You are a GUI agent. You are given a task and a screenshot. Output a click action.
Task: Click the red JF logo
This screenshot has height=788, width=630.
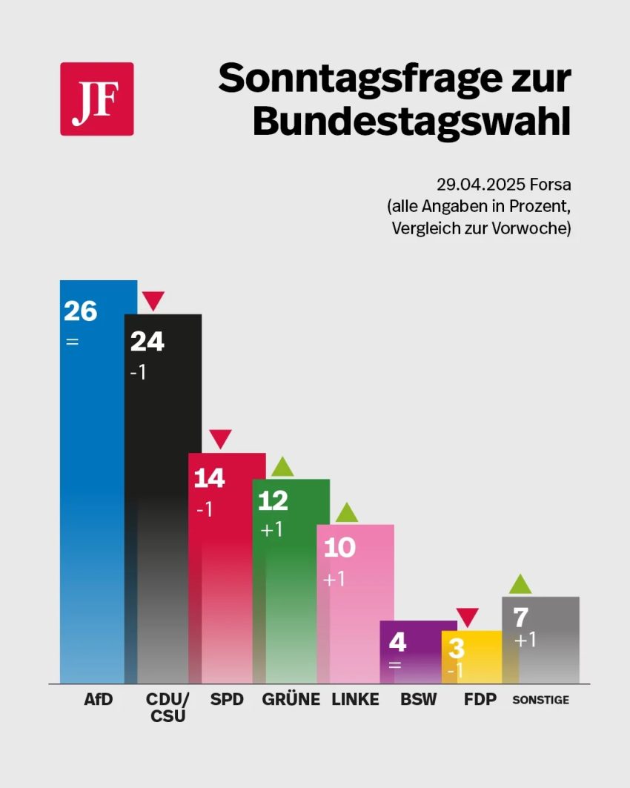click(96, 99)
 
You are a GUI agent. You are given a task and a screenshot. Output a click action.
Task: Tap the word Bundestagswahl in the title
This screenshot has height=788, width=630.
click(411, 120)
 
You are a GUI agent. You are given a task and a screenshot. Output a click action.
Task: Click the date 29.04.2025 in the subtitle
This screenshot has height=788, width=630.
click(471, 184)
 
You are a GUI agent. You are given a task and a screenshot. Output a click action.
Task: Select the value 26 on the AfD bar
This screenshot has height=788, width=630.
click(80, 311)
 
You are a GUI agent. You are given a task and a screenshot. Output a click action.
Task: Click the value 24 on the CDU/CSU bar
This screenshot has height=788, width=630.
click(147, 341)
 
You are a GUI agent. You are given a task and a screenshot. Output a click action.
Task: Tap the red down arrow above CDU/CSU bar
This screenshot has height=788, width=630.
click(153, 301)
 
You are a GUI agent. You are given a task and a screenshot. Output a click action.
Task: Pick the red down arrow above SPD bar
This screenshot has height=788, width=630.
click(220, 439)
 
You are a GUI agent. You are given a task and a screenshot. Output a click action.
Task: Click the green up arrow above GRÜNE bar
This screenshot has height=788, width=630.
click(282, 466)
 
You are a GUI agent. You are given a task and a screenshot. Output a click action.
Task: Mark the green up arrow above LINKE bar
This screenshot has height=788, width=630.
click(346, 512)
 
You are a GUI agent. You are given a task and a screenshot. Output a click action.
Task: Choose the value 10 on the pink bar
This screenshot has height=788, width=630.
click(339, 547)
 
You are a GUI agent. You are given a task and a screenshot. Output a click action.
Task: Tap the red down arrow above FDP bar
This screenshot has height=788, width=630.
click(467, 617)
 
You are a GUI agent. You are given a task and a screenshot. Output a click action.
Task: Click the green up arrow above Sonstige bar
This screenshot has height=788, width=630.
click(520, 583)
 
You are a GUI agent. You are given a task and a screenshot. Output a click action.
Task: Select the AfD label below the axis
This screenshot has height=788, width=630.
click(98, 699)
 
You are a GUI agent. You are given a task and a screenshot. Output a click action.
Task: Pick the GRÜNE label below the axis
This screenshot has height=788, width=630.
click(291, 699)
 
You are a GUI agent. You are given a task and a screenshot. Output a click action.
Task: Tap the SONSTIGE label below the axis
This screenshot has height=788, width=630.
click(541, 700)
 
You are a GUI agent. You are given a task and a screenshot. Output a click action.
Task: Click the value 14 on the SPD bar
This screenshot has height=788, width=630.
click(209, 479)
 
